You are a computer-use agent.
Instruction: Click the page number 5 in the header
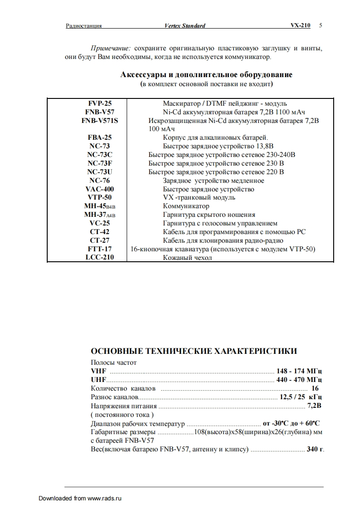pos(321,26)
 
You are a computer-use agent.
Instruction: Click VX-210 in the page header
pos(301,26)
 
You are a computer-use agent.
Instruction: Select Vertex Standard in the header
pos(185,26)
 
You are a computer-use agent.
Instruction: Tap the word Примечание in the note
pos(111,48)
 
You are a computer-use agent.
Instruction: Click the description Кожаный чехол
pos(187,258)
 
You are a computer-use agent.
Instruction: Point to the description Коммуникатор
pos(186,206)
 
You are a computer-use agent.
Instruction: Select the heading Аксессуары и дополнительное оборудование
pos(206,74)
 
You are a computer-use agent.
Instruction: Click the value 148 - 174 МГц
pos(299,371)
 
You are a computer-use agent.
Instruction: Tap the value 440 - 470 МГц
pos(299,380)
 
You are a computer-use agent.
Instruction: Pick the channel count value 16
pos(315,388)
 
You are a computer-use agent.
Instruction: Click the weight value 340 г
pos(316,449)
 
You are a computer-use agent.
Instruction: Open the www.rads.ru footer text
pos(105,498)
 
